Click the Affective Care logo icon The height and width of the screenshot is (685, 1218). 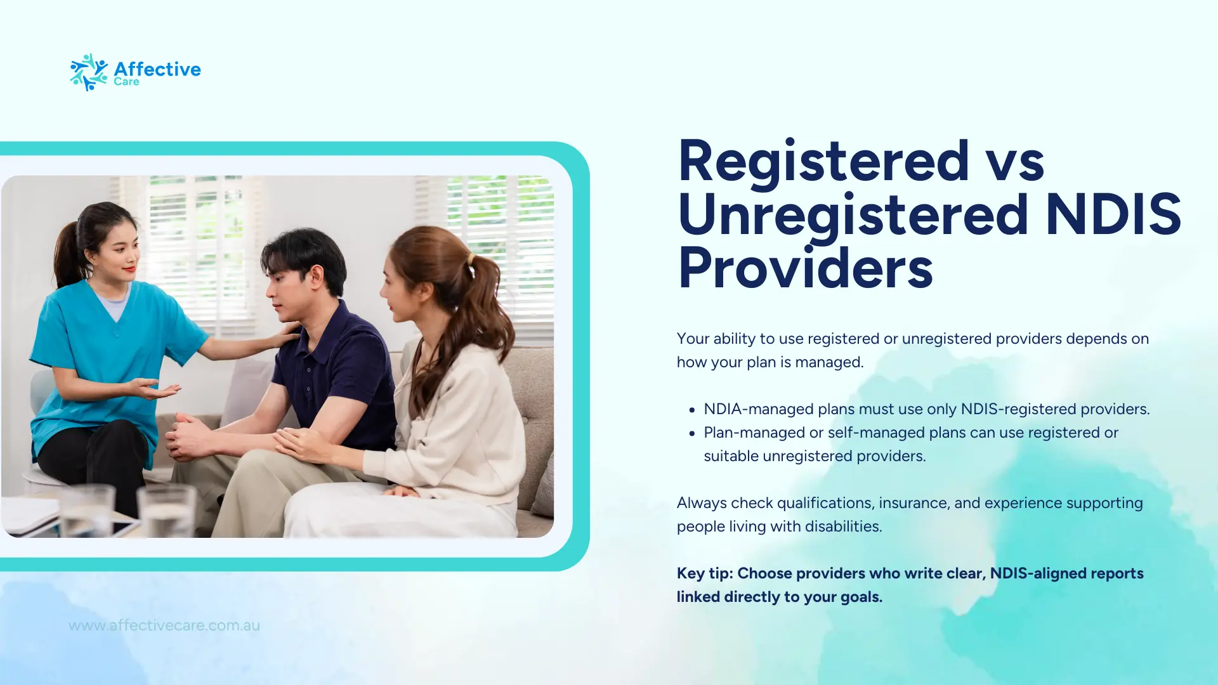coord(89,72)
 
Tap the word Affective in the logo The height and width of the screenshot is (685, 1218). coord(157,69)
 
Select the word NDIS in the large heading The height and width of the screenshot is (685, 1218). coord(1113,214)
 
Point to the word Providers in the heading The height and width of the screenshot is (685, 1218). coord(805,268)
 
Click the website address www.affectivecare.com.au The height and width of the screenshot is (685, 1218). coord(164,625)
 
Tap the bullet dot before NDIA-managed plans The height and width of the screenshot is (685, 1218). coord(692,410)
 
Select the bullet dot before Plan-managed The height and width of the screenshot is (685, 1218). coord(692,434)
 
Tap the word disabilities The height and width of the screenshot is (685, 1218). coord(843,526)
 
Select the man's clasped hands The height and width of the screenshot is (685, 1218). coord(190,437)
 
